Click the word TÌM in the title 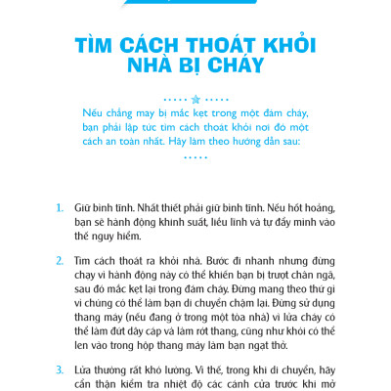95,47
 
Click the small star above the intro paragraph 195,101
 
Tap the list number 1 60,208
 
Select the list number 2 60,264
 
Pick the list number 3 60,370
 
